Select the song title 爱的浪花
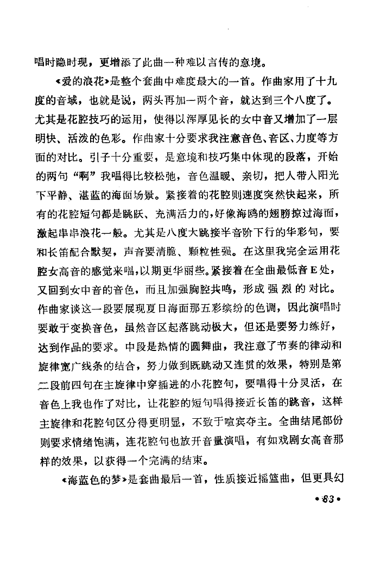pos(85,82)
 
